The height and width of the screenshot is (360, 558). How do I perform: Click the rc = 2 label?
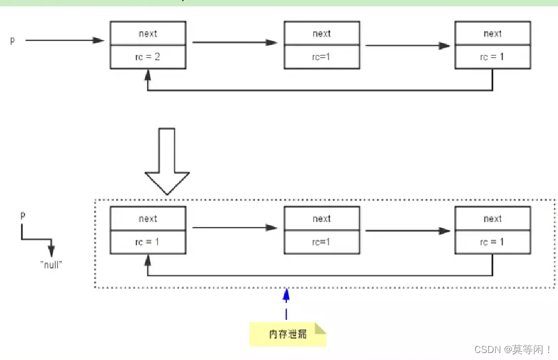[147, 57]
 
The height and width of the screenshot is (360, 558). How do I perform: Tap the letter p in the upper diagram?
[12, 40]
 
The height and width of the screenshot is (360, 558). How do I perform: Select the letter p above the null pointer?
[23, 215]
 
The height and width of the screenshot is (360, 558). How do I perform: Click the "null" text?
[51, 265]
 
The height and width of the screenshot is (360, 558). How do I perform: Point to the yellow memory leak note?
[287, 334]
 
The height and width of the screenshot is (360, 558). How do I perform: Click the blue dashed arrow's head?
[286, 295]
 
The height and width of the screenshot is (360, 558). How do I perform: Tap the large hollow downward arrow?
[167, 161]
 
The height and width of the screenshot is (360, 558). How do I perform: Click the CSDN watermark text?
[513, 350]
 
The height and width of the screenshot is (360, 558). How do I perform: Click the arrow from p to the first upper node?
[65, 40]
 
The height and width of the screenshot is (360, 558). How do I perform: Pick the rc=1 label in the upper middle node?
[321, 57]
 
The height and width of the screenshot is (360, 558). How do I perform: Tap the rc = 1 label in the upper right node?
[492, 57]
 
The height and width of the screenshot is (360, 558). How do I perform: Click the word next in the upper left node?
[147, 34]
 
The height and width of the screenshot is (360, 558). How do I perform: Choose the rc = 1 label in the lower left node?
[147, 242]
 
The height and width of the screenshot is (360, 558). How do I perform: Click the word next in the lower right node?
[492, 218]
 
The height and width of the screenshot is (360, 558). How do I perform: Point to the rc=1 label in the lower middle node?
[321, 242]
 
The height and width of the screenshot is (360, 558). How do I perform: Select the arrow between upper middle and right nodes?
[408, 45]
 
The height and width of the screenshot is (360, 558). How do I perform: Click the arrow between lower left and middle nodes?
[235, 227]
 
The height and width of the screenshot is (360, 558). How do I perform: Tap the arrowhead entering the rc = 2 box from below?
[147, 75]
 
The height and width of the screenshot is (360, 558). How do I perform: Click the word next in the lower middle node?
[322, 218]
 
